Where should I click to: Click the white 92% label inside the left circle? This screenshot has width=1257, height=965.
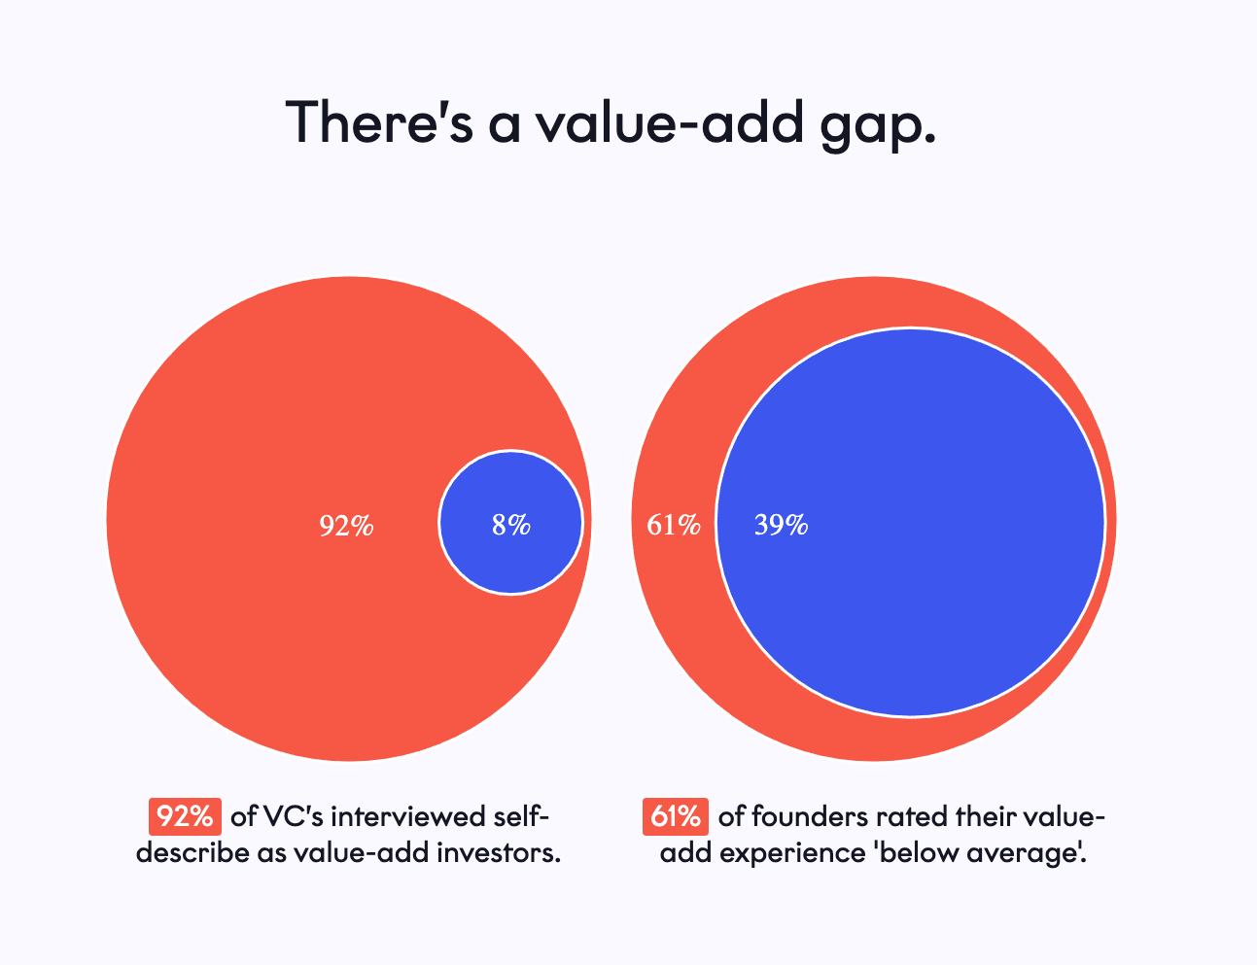[x=347, y=526]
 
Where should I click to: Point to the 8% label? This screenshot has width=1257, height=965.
[x=511, y=525]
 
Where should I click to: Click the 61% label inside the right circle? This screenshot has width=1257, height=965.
[x=674, y=525]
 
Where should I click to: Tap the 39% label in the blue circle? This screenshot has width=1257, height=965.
[x=782, y=525]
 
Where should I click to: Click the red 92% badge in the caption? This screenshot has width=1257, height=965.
[x=186, y=816]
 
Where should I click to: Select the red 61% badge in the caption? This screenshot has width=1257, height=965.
[x=676, y=816]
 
